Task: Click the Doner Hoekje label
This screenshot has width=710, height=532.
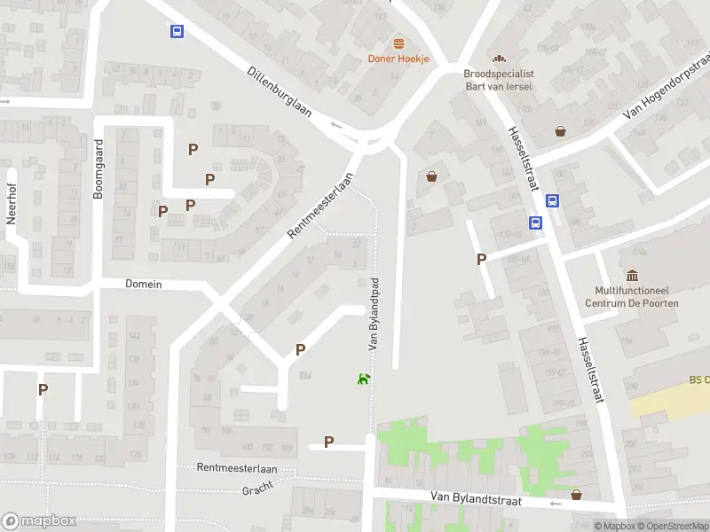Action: tap(398, 59)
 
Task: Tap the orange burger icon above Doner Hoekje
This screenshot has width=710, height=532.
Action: tap(398, 43)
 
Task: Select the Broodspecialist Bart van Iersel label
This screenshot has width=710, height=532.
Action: tap(498, 80)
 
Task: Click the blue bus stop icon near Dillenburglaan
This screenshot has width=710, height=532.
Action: tap(177, 32)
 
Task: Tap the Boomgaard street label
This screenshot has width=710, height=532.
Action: tap(99, 168)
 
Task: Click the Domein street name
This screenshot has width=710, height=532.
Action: tap(143, 284)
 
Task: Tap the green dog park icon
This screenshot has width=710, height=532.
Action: tap(363, 379)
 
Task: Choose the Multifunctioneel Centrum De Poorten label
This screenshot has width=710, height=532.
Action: tap(631, 296)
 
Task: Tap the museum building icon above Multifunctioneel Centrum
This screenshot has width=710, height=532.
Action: tap(631, 276)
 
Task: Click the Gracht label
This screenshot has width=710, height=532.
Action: tap(257, 489)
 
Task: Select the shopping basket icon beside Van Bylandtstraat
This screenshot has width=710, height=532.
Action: tap(577, 495)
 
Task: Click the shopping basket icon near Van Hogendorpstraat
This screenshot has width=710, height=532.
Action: tap(560, 131)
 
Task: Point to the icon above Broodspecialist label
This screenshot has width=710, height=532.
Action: tap(498, 59)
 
